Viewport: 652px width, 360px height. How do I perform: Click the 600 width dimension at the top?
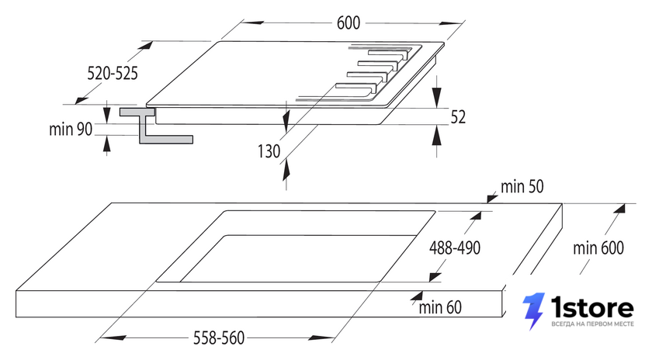pos(348,22)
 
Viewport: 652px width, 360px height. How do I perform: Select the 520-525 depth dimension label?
pos(113,73)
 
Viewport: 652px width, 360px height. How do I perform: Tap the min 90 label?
pos(71,129)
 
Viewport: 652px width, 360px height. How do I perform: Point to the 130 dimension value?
pos(269,151)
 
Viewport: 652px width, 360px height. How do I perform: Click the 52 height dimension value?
pos(458,117)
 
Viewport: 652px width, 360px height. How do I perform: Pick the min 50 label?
pos(522,187)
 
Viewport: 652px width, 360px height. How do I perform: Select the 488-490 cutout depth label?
pos(455,247)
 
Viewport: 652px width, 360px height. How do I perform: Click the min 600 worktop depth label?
pos(598,248)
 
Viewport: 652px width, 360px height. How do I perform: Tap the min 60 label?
pos(440,307)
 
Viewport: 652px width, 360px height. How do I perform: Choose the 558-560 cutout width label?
pos(219,337)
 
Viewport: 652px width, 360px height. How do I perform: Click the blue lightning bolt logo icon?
pos(534,311)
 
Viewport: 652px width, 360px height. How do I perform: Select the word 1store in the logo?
pos(592,308)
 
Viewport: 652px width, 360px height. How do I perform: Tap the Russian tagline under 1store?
pos(592,324)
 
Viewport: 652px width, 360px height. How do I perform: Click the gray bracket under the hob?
pos(156,126)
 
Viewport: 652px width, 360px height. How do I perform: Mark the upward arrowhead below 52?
pos(436,134)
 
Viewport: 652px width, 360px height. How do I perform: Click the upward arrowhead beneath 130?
pos(286,170)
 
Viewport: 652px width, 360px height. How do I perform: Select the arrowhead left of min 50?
pos(492,199)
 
